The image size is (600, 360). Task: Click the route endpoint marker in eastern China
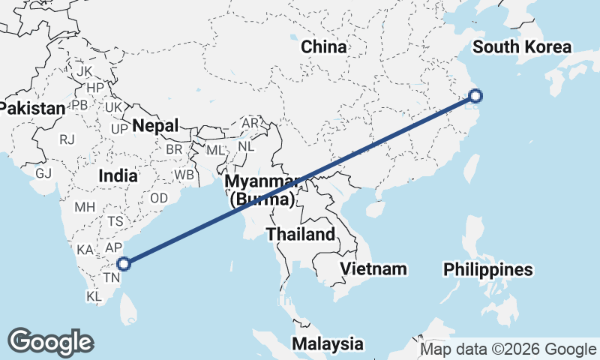(x=475, y=95)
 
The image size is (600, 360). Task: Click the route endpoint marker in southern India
(x=124, y=263)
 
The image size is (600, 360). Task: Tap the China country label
(x=324, y=46)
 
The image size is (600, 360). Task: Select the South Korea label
(x=522, y=47)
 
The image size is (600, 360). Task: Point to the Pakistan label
(x=32, y=108)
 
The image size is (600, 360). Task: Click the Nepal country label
(x=156, y=125)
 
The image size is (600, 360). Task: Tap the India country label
(x=118, y=176)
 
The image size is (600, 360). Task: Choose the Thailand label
(x=301, y=234)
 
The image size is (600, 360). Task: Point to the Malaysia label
(x=328, y=344)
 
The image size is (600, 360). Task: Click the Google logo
(x=50, y=342)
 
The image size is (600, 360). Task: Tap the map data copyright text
(x=507, y=349)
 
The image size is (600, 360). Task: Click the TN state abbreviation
(x=112, y=278)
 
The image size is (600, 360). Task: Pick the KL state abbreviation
(x=94, y=296)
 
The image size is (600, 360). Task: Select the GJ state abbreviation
(x=43, y=172)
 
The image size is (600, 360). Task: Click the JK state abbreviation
(x=84, y=70)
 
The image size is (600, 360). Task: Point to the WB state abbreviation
(x=184, y=175)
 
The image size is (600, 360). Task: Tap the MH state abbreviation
(x=85, y=206)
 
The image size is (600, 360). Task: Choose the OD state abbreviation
(x=159, y=198)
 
